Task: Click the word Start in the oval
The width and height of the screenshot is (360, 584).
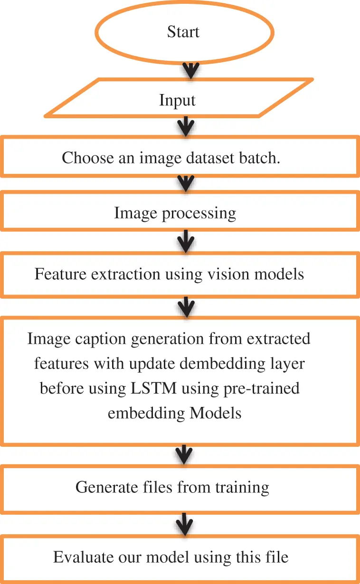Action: pyautogui.click(x=183, y=32)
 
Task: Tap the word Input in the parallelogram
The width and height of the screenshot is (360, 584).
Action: pyautogui.click(x=177, y=100)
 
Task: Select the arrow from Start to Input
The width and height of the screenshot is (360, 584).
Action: pyautogui.click(x=190, y=70)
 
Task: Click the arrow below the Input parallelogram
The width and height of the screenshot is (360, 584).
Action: pyautogui.click(x=185, y=126)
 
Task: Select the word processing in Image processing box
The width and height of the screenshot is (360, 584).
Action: pyautogui.click(x=199, y=213)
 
